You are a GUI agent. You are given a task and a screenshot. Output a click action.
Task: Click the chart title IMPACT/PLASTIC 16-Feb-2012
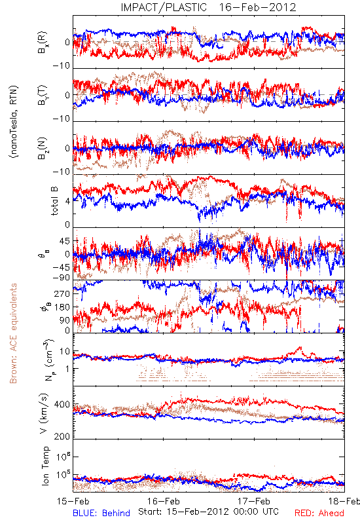click(208, 7)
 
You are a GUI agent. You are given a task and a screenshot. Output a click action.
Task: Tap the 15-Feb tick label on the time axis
click(73, 501)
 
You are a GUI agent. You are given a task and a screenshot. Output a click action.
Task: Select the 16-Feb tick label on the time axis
click(164, 501)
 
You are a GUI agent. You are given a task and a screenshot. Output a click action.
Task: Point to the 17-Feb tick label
click(254, 501)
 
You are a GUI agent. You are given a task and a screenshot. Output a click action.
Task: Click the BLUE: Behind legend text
click(101, 513)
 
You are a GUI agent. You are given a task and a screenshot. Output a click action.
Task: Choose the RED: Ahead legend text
click(319, 513)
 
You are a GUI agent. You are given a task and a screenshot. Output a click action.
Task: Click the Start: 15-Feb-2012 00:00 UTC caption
click(208, 512)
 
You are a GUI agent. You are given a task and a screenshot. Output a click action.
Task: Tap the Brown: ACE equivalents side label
click(13, 333)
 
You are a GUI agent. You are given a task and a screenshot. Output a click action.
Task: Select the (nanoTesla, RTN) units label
click(14, 121)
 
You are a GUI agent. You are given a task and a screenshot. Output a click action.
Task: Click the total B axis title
click(54, 201)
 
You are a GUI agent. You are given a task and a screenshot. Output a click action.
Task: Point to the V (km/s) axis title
click(44, 413)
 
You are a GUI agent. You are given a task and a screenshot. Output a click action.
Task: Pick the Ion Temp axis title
click(45, 466)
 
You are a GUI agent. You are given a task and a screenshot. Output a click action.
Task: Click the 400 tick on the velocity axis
click(62, 405)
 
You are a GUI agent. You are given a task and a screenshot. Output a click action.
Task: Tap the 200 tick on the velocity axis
click(62, 436)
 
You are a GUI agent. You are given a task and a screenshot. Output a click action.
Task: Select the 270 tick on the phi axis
click(62, 294)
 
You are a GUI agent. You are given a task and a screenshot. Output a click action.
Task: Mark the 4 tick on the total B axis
click(68, 201)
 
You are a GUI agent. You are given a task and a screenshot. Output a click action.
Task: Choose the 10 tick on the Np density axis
click(65, 352)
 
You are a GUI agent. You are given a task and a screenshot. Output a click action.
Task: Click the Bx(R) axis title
click(42, 42)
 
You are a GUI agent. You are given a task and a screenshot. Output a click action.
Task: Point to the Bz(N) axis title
click(42, 148)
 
